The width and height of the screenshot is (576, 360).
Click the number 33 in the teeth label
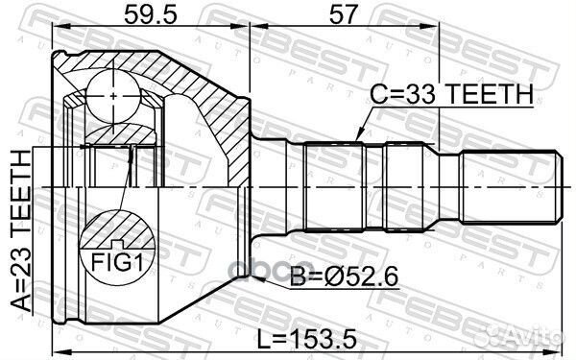coord(411,94)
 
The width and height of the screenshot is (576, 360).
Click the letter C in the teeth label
coord(379,94)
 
